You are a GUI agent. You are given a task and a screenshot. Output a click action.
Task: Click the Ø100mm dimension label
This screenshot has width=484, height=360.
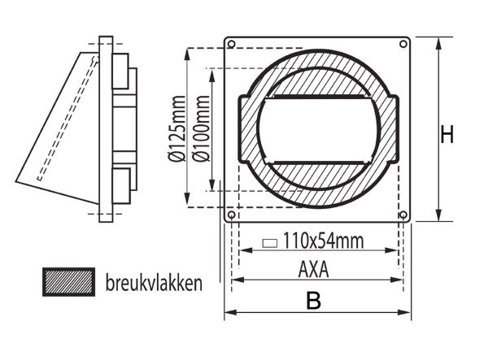pos(199,130)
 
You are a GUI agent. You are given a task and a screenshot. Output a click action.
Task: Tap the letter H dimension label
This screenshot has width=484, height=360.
pos(447,135)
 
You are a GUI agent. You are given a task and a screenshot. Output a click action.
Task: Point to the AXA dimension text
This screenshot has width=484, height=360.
pos(313,269)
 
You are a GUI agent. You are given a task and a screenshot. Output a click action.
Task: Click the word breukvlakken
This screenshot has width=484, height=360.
pos(154,284)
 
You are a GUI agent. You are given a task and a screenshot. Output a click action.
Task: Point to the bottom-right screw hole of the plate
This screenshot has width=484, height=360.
pos(403,215)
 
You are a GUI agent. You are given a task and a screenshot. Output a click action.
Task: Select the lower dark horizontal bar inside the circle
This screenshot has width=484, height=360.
pos(318,163)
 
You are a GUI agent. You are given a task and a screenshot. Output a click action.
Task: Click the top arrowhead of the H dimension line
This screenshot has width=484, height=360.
pos(439,41)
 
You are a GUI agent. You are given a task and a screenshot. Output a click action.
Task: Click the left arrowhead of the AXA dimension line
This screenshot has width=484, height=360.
pos(236,280)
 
